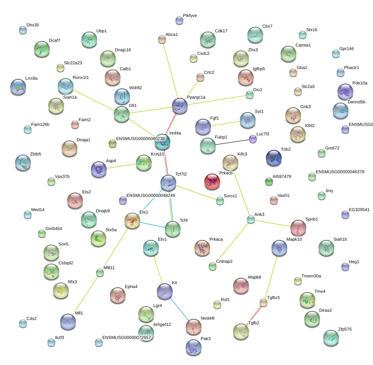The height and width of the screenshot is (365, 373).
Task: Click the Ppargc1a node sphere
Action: (180, 106)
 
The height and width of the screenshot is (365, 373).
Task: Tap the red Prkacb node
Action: (212, 182)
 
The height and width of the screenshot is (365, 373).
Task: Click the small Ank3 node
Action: (251, 220)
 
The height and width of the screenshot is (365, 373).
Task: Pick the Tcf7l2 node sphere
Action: (168, 183)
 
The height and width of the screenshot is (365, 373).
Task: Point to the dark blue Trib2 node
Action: (274, 158)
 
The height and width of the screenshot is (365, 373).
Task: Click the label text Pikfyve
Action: (190, 15)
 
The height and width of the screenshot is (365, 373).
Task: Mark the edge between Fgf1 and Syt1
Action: (225, 124)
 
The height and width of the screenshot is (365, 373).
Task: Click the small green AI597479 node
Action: (269, 182)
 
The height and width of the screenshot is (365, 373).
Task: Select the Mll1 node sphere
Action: (68, 322)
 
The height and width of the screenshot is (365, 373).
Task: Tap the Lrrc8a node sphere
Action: (18, 86)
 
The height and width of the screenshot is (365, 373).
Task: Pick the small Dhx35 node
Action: (23, 30)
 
